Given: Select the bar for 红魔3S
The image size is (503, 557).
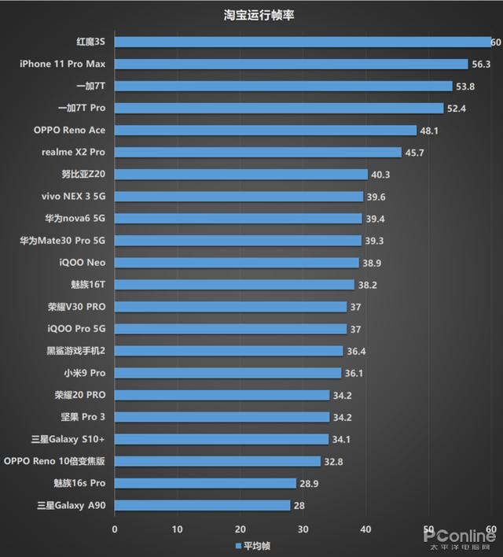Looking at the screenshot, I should pyautogui.click(x=303, y=42).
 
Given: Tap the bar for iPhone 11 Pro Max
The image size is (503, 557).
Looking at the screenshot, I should pyautogui.click(x=292, y=64).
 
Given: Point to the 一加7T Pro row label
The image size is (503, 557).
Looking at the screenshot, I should pyautogui.click(x=82, y=108).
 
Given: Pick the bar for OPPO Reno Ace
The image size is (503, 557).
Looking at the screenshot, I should pyautogui.click(x=266, y=130).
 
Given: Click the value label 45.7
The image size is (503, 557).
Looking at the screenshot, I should pyautogui.click(x=414, y=153).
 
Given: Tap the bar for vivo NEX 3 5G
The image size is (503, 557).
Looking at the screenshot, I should pyautogui.click(x=239, y=196).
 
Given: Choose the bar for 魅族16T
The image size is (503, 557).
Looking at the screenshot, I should pyautogui.click(x=234, y=285).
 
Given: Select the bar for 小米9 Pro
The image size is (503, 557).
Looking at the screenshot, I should pyautogui.click(x=228, y=373).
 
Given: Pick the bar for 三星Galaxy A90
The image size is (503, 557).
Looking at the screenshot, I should pyautogui.click(x=202, y=505).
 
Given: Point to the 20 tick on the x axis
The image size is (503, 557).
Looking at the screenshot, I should pyautogui.click(x=240, y=529).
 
